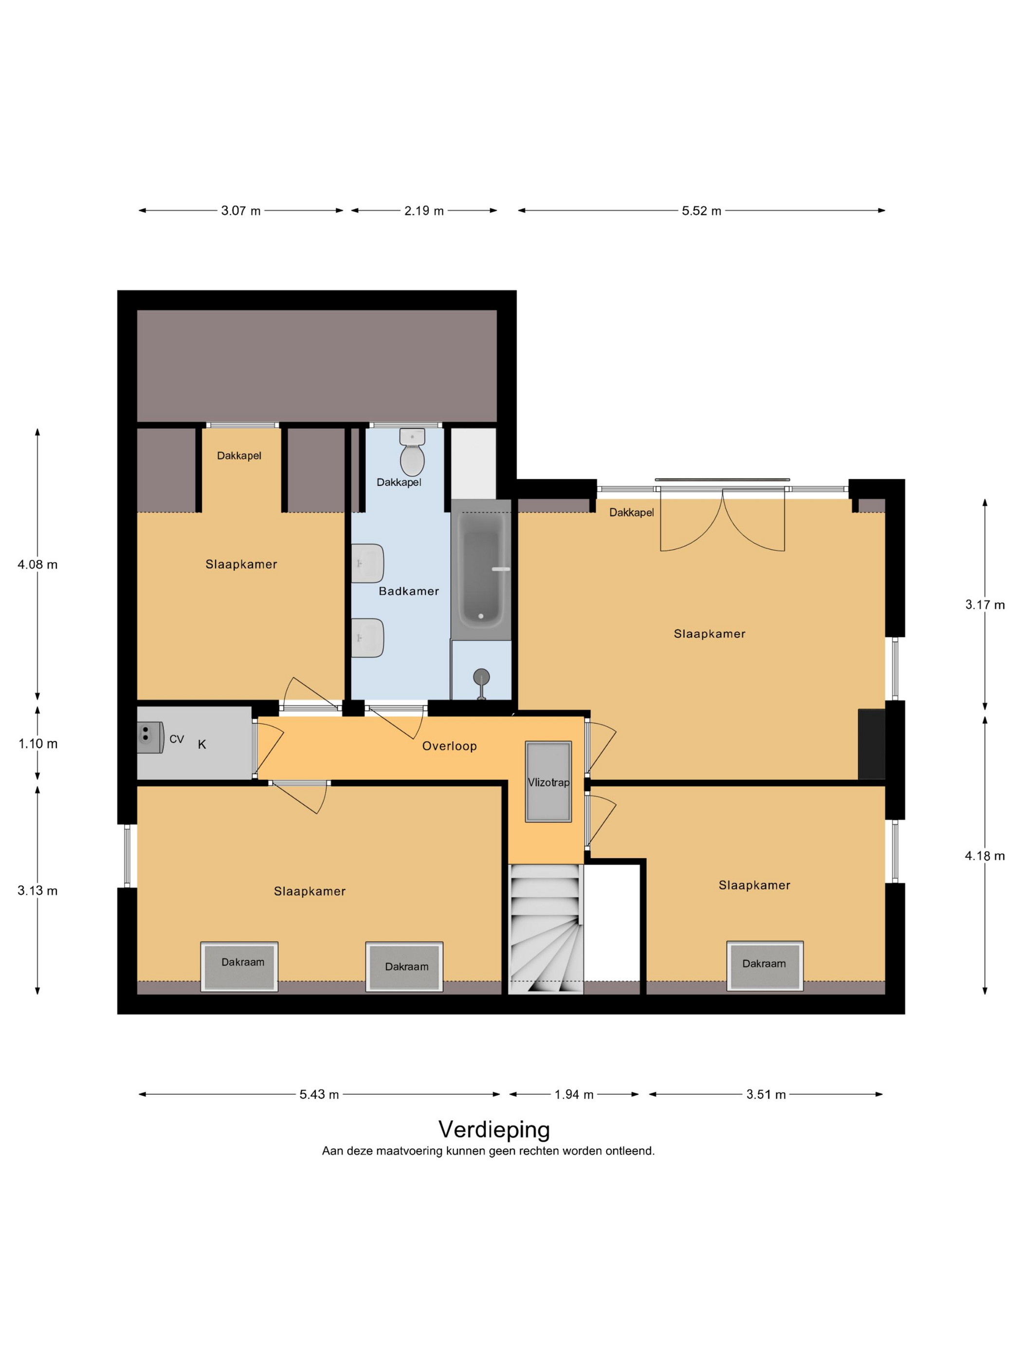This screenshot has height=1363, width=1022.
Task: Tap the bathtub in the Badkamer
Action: pos(481,569)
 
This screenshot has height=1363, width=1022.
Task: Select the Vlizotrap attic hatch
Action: pos(547,781)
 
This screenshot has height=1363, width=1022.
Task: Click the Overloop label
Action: pos(449,746)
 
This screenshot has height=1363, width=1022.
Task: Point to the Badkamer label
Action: pos(408,591)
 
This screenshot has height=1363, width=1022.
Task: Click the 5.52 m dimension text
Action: pos(701,211)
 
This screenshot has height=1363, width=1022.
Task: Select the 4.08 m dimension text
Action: pos(37,564)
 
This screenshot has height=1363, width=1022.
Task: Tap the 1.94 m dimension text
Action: pos(573,1094)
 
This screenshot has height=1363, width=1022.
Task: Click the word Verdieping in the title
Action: pos(494,1129)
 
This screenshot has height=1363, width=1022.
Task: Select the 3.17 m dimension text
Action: pos(985,605)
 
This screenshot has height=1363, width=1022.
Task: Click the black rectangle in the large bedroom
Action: pos(872,744)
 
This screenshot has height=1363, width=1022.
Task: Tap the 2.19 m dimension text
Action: pos(424,211)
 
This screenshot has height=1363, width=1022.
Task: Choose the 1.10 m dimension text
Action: pos(37,744)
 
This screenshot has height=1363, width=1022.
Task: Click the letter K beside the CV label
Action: pos(201,744)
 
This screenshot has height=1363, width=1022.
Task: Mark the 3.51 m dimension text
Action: pos(766,1094)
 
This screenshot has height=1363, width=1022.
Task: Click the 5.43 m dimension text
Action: pos(319,1094)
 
